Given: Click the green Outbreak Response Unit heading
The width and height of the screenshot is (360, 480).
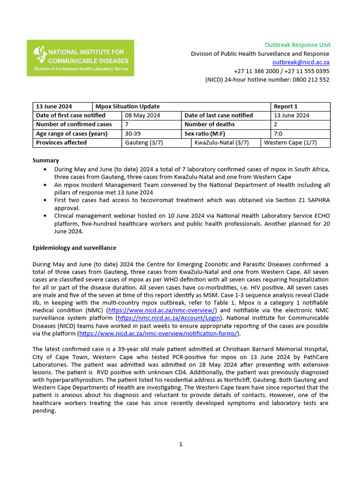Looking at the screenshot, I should tap(297, 45).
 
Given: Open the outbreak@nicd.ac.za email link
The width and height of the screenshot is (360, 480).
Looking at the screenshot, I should tap(301, 62).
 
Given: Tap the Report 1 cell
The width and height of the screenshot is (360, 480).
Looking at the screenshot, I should tap(285, 106).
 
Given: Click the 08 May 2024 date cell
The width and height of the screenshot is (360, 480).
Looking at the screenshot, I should tap(142, 115).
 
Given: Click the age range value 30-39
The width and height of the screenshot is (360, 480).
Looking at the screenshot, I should tap(134, 134).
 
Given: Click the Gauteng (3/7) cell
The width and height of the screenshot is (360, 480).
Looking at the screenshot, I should tap(144, 142).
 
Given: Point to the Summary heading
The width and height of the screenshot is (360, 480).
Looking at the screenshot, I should tap(45, 160).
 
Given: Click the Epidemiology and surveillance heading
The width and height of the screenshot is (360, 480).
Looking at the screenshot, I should tap(74, 247).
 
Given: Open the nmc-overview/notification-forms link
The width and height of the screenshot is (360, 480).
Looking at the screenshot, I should tap(159, 333).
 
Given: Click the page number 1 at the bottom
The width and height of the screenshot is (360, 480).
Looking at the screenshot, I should tap(180, 444).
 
